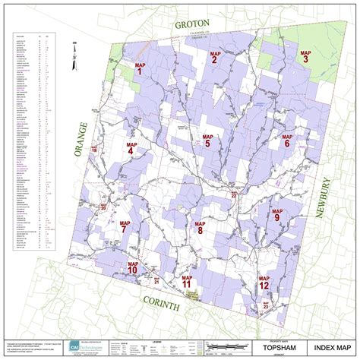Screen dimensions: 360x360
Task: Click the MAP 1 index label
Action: click(x=139, y=68)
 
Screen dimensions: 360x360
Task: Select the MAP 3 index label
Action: click(x=305, y=55)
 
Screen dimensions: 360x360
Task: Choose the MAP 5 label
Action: click(x=207, y=141)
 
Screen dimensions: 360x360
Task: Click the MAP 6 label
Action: click(x=287, y=141)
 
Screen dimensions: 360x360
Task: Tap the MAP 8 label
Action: click(x=200, y=227)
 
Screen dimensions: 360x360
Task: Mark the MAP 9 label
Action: click(x=277, y=216)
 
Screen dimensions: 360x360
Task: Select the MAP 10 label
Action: click(x=132, y=267)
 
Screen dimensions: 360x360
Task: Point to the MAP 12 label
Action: click(x=264, y=283)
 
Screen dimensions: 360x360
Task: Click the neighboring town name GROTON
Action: click(x=192, y=24)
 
